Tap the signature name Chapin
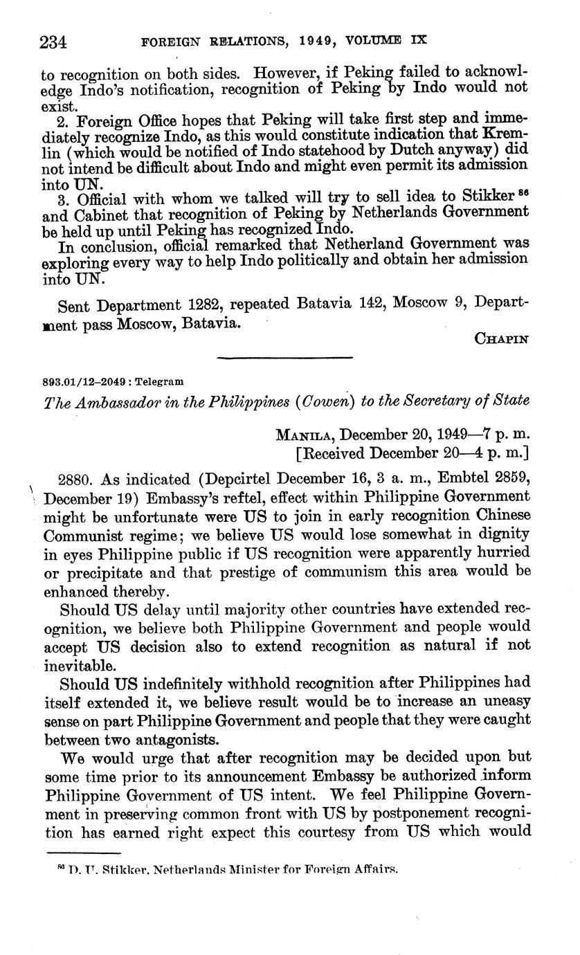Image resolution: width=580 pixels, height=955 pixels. [501, 338]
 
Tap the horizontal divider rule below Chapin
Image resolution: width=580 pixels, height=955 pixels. [285, 357]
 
